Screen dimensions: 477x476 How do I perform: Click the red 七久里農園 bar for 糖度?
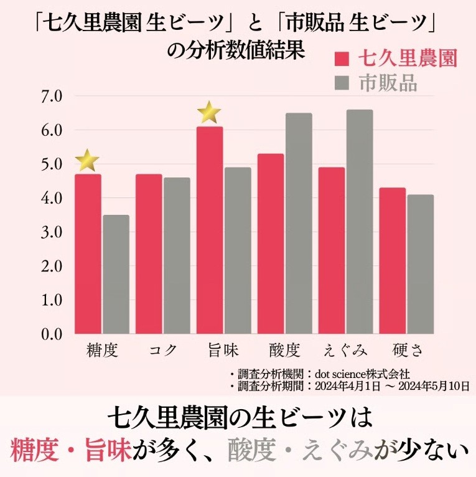pyautogui.click(x=88, y=253)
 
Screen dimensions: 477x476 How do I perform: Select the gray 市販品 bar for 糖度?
pyautogui.click(x=116, y=274)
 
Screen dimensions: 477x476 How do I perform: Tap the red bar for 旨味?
pyautogui.click(x=210, y=230)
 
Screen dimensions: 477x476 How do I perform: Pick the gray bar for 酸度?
pyautogui.click(x=299, y=223)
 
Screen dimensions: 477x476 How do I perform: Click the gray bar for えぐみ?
pyautogui.click(x=360, y=222)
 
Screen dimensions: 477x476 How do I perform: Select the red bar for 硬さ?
pyautogui.click(x=393, y=260)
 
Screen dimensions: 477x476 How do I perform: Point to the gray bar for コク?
pyautogui.click(x=177, y=255)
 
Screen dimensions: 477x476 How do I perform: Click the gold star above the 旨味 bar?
pyautogui.click(x=210, y=113)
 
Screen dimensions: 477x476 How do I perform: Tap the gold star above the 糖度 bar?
pyautogui.click(x=88, y=161)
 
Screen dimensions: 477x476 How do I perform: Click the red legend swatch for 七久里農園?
pyautogui.click(x=342, y=59)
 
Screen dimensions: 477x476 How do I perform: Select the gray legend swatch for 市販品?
pyautogui.click(x=342, y=83)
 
